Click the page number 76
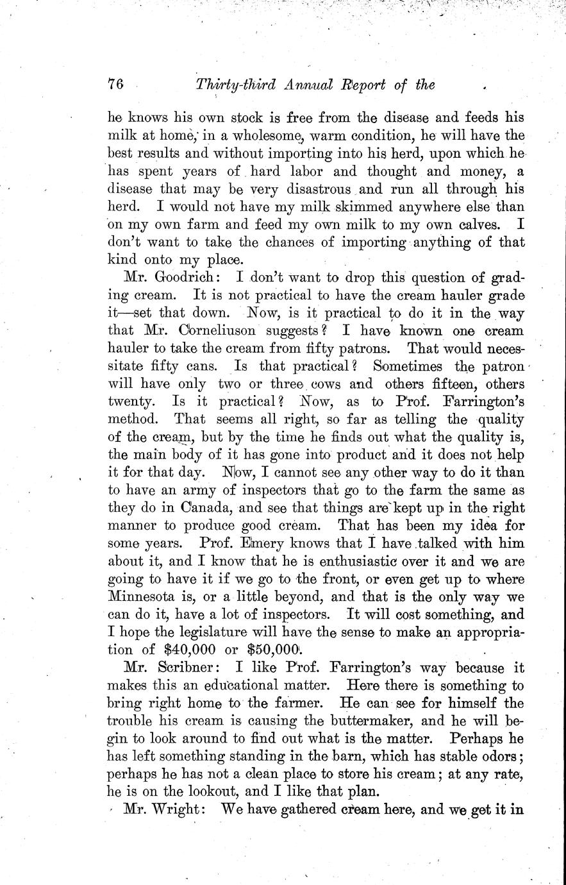116,84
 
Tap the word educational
251,685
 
